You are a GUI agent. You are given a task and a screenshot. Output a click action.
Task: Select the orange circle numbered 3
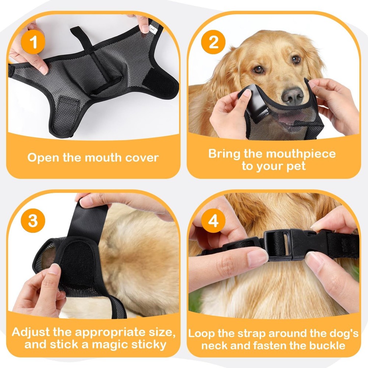[x=33, y=221]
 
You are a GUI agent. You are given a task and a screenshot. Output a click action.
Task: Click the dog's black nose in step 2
[x=293, y=96]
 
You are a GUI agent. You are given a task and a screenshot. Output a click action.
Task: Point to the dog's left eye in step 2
[x=296, y=60]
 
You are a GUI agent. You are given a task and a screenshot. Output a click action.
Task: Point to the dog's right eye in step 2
[x=259, y=69]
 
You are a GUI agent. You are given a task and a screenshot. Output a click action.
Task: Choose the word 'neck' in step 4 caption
[x=215, y=346]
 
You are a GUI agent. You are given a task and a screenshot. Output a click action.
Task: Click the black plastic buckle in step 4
[x=291, y=244]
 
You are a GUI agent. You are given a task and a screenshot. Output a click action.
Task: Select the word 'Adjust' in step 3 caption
[x=31, y=332]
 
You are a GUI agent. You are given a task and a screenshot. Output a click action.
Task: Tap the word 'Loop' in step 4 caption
[x=202, y=334]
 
